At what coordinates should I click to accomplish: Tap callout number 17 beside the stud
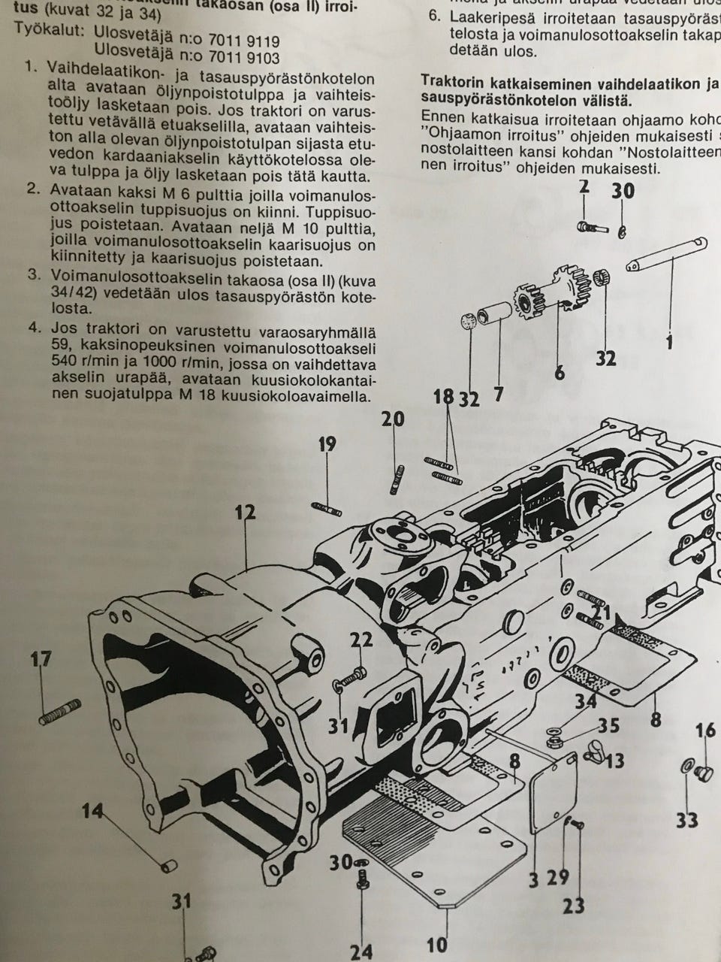[41, 659]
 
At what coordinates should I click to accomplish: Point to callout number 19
[327, 445]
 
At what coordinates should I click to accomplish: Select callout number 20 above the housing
[393, 419]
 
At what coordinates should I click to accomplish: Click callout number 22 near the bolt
[361, 640]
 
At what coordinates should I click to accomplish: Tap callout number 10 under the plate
[436, 944]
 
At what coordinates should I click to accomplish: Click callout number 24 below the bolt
[361, 951]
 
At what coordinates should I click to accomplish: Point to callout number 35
[608, 726]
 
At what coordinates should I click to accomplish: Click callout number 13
[614, 761]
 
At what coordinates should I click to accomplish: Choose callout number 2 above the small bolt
[585, 188]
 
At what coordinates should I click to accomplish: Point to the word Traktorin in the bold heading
[457, 82]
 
